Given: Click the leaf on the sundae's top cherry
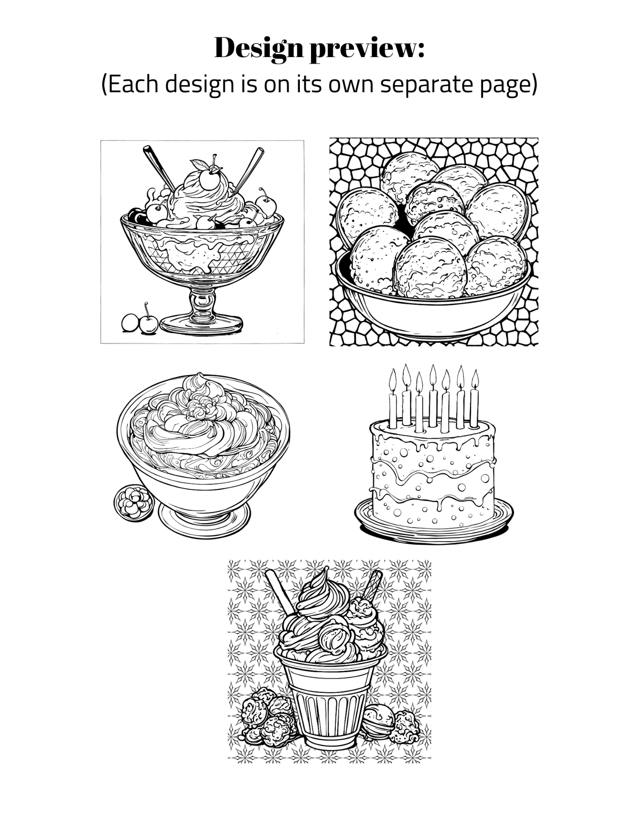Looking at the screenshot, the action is [x=197, y=164].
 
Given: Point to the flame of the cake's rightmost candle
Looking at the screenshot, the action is [x=475, y=378].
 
